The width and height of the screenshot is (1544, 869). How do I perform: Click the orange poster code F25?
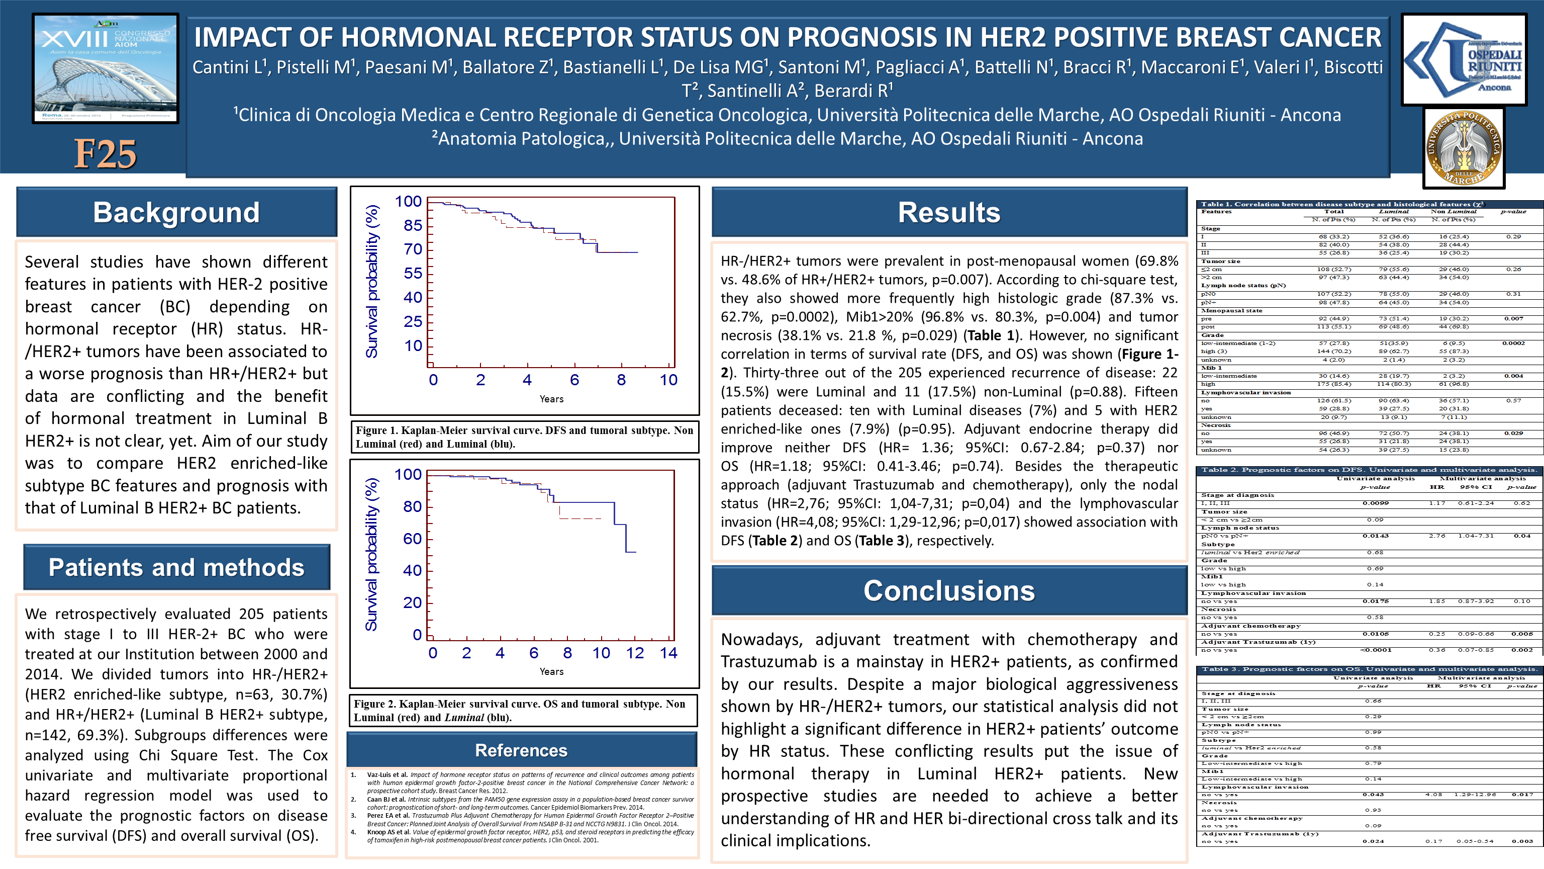click(106, 154)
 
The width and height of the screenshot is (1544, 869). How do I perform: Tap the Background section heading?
click(176, 212)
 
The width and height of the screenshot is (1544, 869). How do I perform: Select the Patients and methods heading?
click(176, 567)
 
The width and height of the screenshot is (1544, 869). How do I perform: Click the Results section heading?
click(949, 212)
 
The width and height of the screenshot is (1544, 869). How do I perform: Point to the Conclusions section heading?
click(949, 591)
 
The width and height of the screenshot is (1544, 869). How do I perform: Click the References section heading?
click(521, 750)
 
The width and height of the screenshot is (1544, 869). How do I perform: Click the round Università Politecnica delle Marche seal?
click(1463, 147)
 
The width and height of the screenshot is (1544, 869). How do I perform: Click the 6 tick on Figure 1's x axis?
click(574, 380)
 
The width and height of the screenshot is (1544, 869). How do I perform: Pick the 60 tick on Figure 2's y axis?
click(412, 539)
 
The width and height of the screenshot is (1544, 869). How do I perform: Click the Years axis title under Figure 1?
click(551, 399)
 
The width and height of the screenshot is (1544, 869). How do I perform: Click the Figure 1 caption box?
click(524, 437)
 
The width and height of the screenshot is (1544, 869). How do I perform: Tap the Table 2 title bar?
click(1369, 470)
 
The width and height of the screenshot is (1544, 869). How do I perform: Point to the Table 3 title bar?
click(1369, 669)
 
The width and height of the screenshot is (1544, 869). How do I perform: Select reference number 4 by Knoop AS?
click(530, 835)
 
